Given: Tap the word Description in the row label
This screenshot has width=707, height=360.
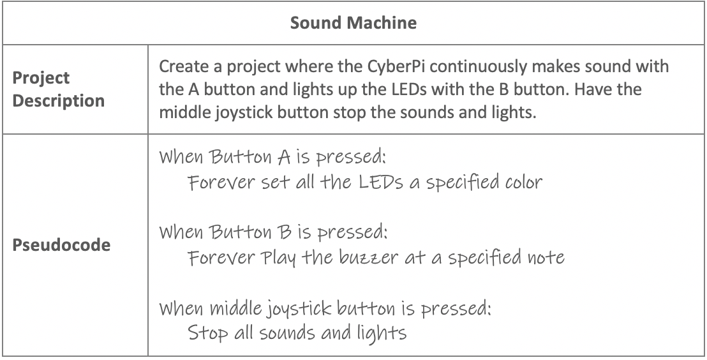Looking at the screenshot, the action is [58, 100].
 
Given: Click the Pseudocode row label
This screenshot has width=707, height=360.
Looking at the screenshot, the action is [61, 244].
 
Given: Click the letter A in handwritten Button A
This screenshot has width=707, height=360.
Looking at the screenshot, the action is [283, 157].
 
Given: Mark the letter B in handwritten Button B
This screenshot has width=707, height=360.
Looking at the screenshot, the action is [285, 232].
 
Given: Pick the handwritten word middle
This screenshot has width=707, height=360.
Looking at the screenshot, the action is [236, 308].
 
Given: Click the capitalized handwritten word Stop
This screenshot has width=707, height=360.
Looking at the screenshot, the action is [208, 334].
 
